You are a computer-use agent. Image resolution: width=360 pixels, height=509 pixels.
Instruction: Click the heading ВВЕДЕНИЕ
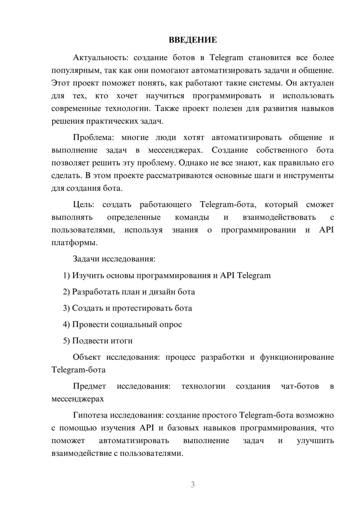pos(193,40)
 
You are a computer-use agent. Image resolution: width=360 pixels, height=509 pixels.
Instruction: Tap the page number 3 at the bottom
pos(193,485)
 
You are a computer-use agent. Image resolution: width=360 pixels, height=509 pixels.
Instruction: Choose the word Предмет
pos(89,386)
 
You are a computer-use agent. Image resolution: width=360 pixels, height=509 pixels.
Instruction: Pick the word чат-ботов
pos(300,386)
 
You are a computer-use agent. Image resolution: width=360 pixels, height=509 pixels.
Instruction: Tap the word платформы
pos(74,243)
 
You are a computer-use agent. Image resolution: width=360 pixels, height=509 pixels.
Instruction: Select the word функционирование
pos(297,357)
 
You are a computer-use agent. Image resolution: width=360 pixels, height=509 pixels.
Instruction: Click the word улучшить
pos(315,441)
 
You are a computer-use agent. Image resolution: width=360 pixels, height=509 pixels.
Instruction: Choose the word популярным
pos(73,71)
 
